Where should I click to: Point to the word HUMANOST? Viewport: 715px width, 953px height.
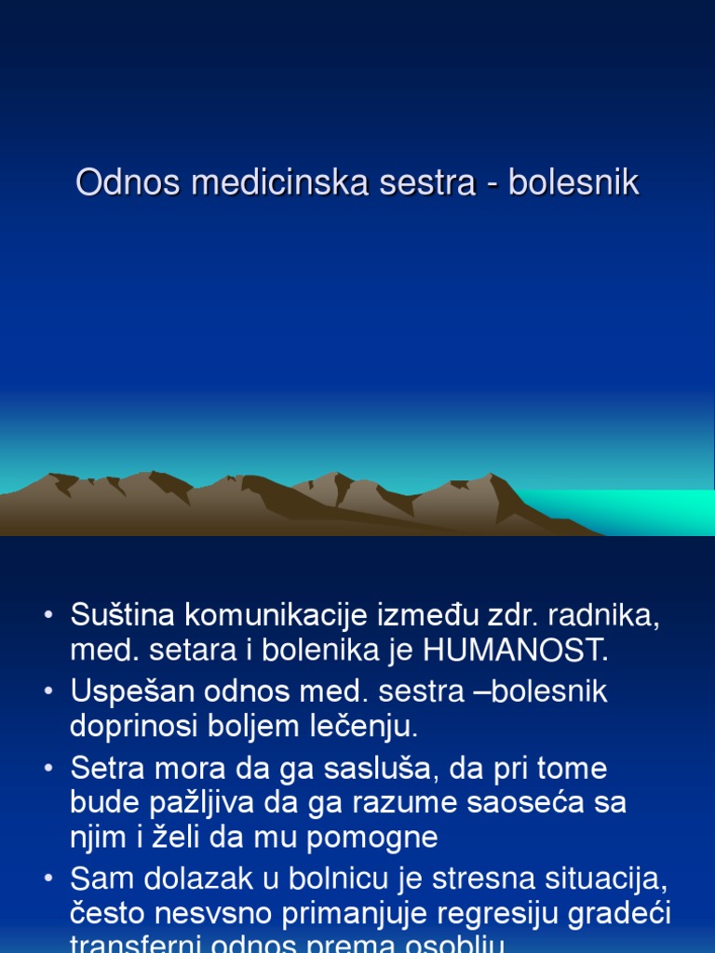tap(515, 651)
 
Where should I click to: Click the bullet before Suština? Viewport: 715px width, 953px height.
tap(47, 617)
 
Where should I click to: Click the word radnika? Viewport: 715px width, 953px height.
tap(613, 615)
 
